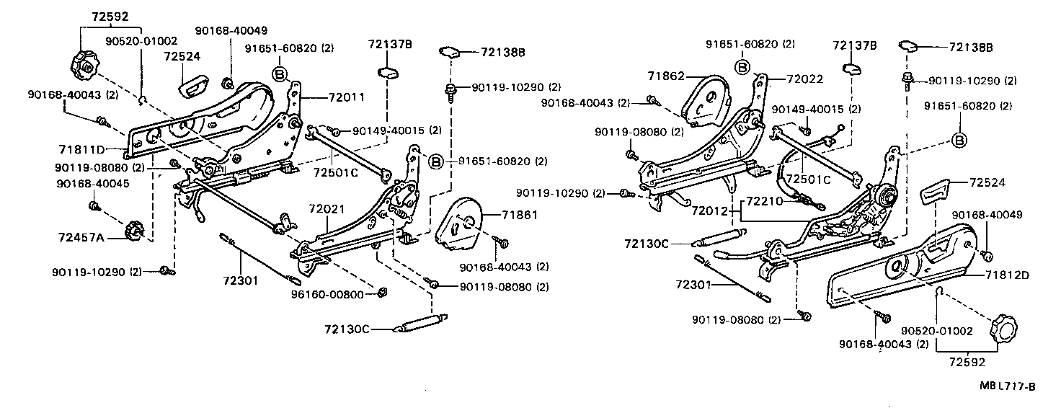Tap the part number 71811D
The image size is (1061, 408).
(82, 149)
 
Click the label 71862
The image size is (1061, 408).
(665, 75)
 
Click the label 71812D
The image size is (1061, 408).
(1012, 274)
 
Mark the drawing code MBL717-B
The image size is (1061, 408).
(1007, 386)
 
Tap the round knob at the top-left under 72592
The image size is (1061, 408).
(83, 66)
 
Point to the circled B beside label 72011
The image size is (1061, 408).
(280, 74)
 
